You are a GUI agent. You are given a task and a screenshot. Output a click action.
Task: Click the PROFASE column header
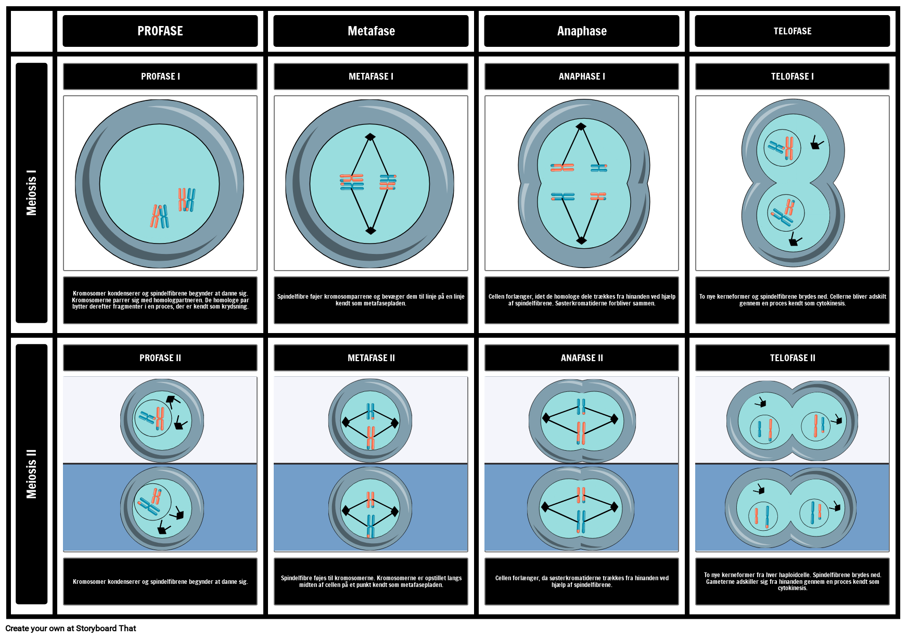point(160,31)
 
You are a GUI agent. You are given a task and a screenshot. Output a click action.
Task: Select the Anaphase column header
point(581,31)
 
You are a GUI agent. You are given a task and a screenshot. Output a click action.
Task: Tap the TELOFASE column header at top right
point(792,31)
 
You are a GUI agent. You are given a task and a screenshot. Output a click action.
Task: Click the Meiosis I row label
point(32,192)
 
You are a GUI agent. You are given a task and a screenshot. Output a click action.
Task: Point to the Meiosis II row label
point(32,474)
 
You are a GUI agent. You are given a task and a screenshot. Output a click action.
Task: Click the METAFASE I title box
point(371,76)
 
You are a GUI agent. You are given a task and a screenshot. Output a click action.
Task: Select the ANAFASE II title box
point(581,358)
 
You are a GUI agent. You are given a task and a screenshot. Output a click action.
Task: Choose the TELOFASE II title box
point(792,358)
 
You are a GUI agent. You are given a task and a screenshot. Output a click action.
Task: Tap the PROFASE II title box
point(160,358)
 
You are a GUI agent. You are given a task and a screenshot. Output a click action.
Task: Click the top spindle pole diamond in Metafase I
point(370,137)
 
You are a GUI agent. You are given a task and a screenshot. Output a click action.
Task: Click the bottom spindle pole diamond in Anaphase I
point(581,240)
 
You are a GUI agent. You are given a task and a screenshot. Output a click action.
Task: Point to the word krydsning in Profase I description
point(235,307)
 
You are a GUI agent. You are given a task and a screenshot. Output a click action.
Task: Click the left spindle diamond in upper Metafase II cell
point(345,422)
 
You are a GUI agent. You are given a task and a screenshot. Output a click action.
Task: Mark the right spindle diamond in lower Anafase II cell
point(614,507)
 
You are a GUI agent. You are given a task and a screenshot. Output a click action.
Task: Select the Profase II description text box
point(160,581)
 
